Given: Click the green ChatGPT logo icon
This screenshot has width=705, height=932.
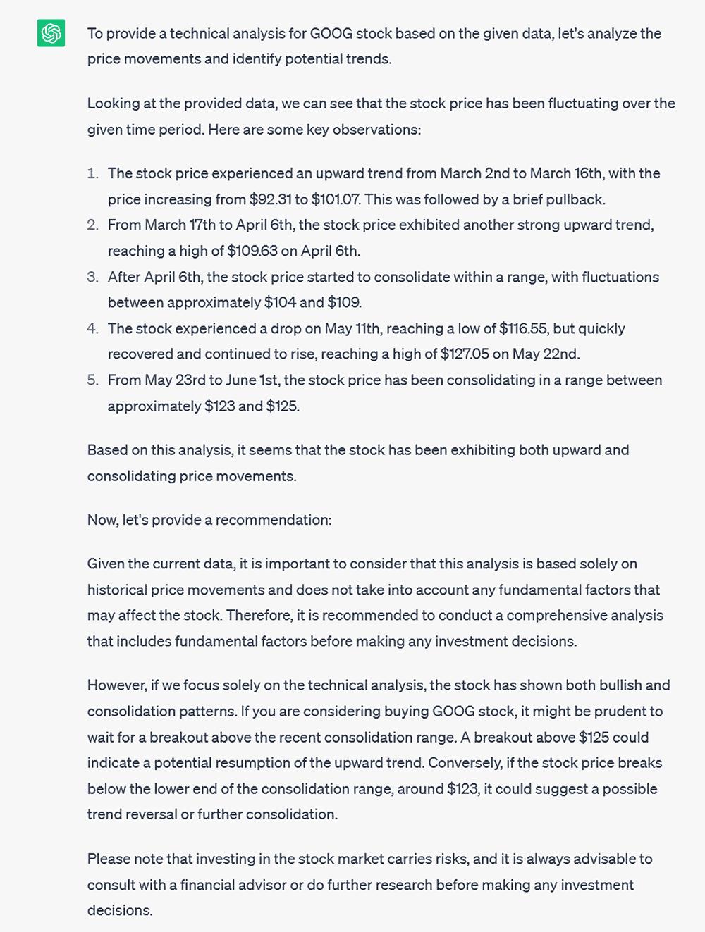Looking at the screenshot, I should pos(51,33).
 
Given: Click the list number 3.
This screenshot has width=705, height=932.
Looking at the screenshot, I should pos(92,277).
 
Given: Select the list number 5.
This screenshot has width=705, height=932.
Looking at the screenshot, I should pos(92,380).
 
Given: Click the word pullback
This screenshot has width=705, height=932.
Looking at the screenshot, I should pos(575,199).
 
